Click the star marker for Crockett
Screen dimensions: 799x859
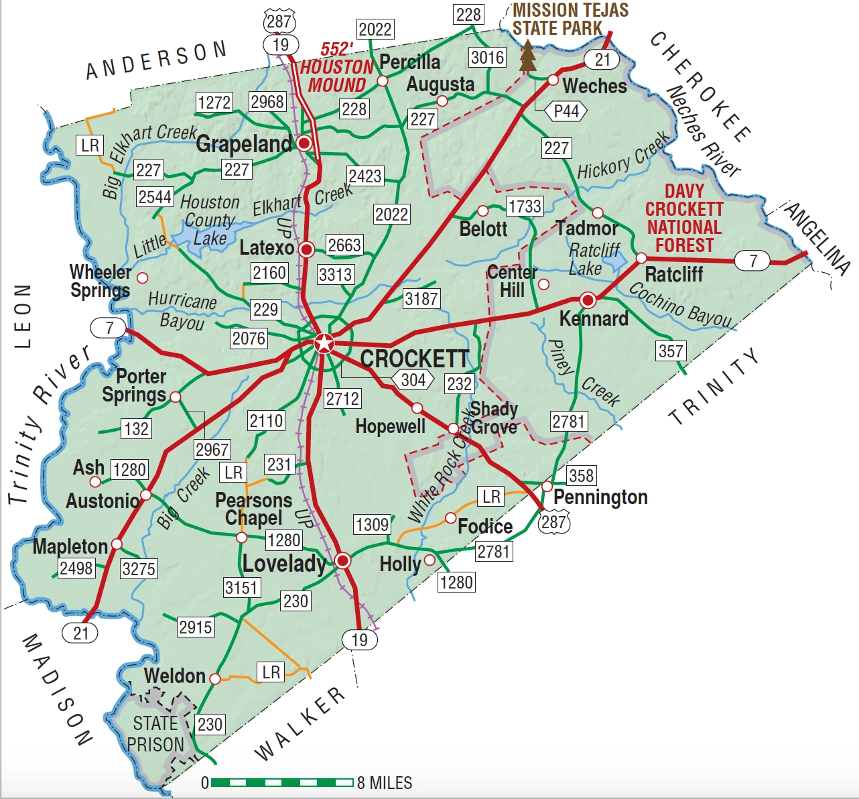point(324,344)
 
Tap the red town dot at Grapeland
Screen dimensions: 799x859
point(304,143)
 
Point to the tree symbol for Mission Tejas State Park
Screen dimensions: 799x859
point(528,57)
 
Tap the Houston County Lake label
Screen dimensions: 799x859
point(209,220)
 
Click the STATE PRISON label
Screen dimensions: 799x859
point(155,734)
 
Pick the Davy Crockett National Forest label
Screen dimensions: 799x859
point(684,219)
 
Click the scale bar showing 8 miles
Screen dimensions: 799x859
point(282,782)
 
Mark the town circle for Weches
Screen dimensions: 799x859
point(553,80)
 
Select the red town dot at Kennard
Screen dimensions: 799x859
point(588,299)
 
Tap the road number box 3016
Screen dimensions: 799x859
point(487,58)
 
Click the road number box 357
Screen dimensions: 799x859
point(671,351)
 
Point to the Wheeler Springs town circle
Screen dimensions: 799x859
point(142,277)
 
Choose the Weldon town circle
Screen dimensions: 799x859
point(215,678)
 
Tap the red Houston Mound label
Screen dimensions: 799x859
point(336,68)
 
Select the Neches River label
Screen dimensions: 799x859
point(703,131)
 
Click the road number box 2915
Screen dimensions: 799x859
point(196,627)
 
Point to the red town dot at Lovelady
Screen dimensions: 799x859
point(342,560)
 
